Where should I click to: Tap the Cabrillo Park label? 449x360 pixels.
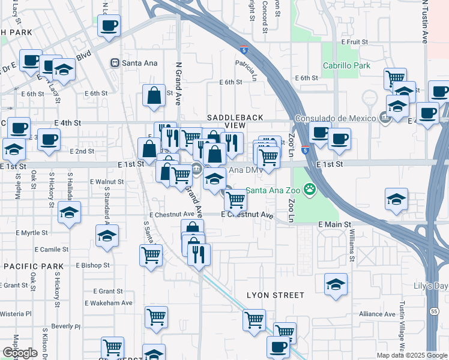(346, 65)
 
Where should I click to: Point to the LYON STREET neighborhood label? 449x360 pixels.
(276, 295)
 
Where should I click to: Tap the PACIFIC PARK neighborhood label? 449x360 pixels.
(34, 266)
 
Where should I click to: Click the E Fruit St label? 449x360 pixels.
(354, 42)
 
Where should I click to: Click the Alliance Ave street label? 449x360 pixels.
(378, 314)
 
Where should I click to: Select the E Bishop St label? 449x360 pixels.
(92, 265)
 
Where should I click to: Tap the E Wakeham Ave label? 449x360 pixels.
(108, 303)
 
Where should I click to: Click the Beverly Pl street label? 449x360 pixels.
(65, 326)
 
